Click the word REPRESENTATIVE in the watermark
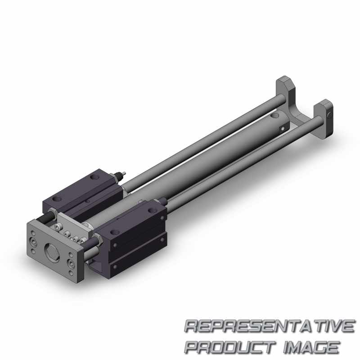(x=270, y=326)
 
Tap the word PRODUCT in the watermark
(x=230, y=347)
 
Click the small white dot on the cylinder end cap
(x=283, y=128)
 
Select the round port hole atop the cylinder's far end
(x=273, y=116)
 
